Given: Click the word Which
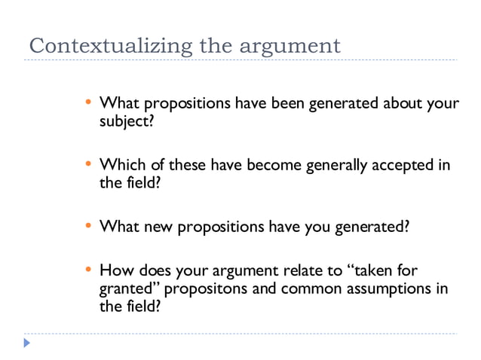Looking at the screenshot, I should pos(119,164).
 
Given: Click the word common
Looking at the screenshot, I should pos(307,288).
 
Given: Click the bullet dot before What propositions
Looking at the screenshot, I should pos(88,102).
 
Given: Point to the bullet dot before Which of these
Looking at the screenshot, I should pos(88,163).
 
